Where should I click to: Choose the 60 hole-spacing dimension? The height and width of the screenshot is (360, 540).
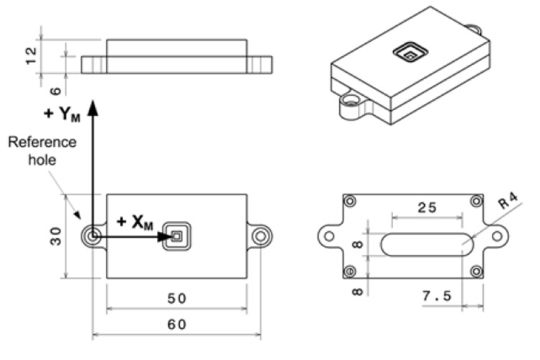click(x=176, y=325)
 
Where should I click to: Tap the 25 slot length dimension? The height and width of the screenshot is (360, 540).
click(x=426, y=207)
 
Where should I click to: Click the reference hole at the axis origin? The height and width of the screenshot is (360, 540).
click(x=92, y=235)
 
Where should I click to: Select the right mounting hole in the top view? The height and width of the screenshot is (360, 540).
click(x=261, y=235)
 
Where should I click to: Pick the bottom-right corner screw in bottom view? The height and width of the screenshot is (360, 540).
click(x=475, y=271)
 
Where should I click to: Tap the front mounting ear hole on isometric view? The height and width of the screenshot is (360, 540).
click(x=351, y=102)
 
